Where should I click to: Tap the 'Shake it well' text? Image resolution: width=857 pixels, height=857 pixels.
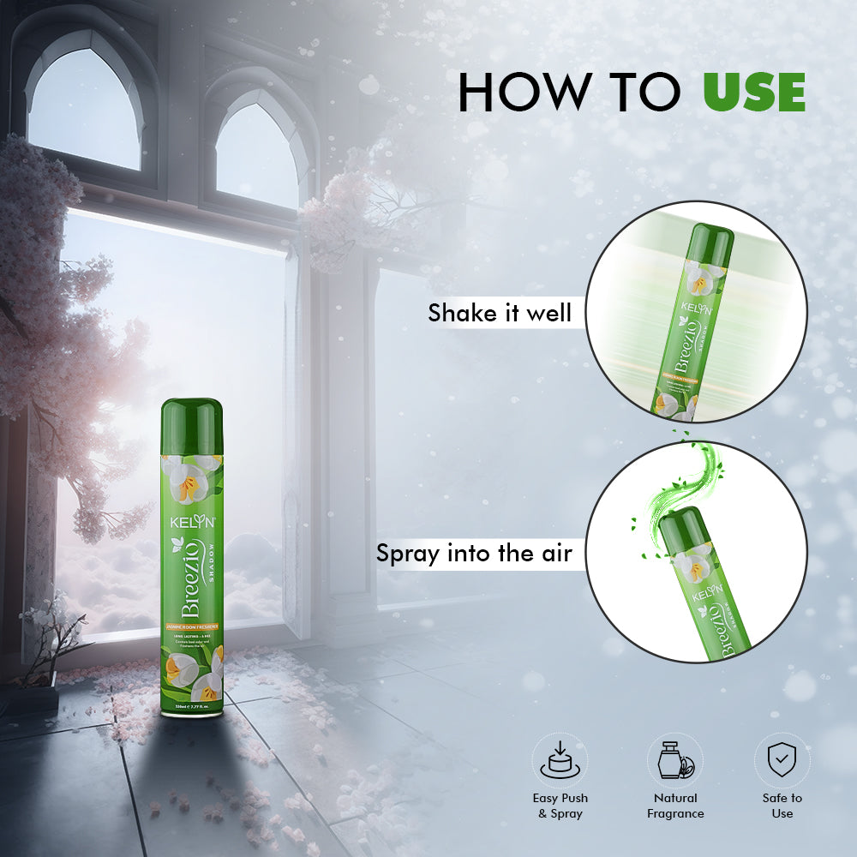tap(500, 313)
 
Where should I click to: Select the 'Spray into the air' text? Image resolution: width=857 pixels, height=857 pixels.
tap(474, 553)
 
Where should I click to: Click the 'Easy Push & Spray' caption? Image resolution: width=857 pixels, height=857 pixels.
tap(560, 806)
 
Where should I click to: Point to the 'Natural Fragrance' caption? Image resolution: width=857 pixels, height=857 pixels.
tap(674, 806)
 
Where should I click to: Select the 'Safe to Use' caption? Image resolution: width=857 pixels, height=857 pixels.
tap(782, 806)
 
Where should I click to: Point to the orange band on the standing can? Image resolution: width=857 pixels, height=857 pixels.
tap(192, 628)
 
